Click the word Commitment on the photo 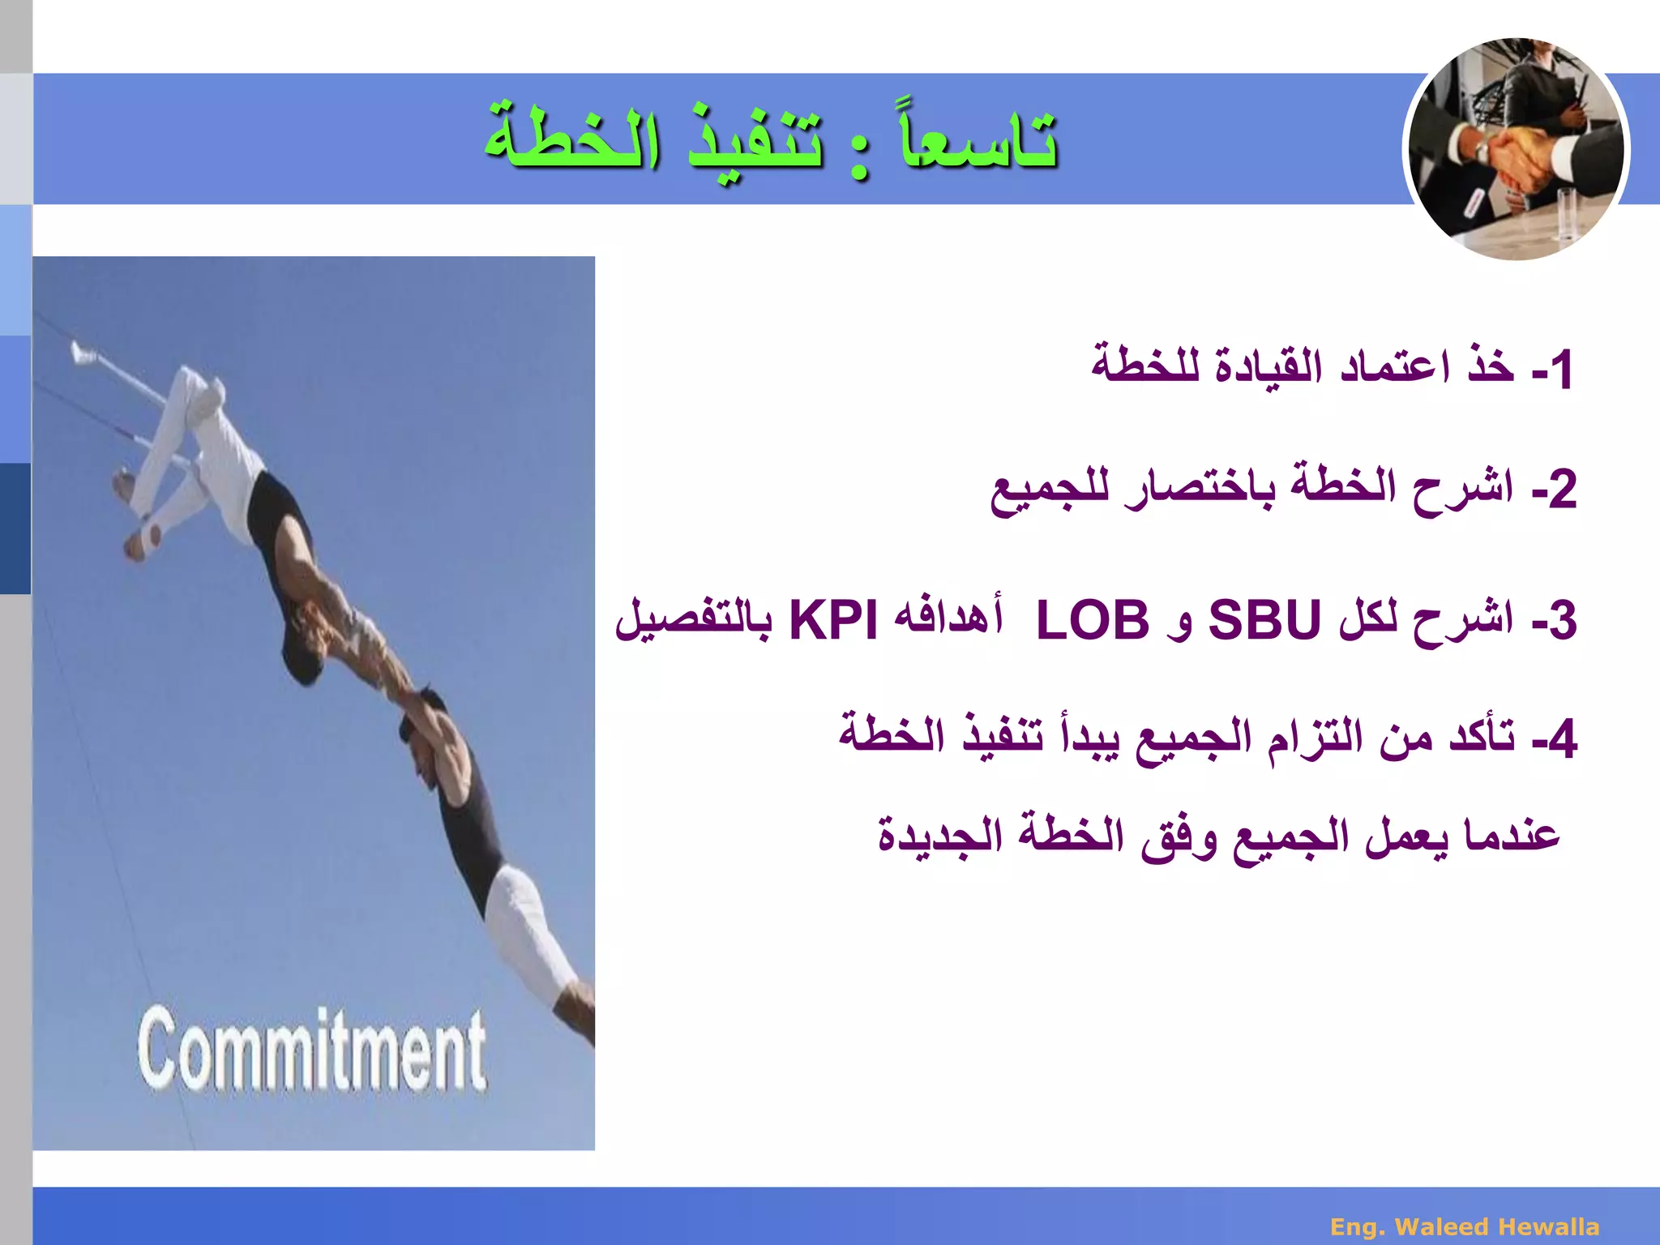pyautogui.click(x=312, y=1051)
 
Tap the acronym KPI pyautogui.click(x=833, y=621)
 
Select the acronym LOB pyautogui.click(x=1093, y=621)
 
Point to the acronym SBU pyautogui.click(x=1264, y=621)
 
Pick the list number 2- pyautogui.click(x=1553, y=490)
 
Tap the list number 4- pyautogui.click(x=1553, y=739)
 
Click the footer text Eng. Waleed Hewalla pyautogui.click(x=1465, y=1226)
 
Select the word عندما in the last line pyautogui.click(x=1511, y=835)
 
